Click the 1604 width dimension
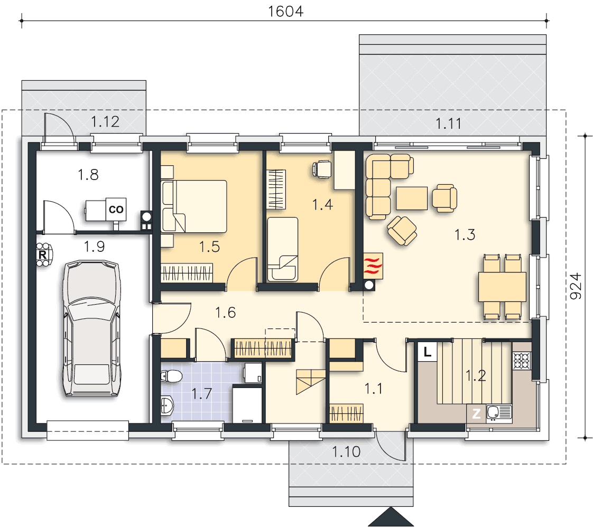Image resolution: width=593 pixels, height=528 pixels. (285, 11)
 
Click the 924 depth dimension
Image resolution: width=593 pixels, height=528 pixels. (576, 286)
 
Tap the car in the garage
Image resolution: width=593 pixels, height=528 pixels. (91, 328)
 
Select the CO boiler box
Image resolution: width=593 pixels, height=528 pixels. (116, 209)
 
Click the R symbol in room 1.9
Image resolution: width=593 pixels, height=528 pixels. (43, 254)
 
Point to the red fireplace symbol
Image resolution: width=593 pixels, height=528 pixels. (373, 266)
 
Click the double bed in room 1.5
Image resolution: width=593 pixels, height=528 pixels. (194, 206)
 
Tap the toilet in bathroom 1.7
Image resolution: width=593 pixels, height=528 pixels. (171, 376)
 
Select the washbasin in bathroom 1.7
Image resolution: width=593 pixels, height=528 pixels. (167, 406)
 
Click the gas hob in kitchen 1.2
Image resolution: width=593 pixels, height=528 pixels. (522, 360)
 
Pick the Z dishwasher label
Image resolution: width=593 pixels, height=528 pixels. (476, 413)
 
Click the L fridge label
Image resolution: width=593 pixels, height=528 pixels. (428, 352)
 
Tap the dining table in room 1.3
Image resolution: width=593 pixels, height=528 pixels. (502, 287)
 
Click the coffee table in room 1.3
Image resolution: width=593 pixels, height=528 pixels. (412, 198)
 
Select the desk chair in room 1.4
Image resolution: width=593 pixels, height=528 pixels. (322, 169)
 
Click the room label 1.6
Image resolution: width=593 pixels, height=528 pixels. (225, 313)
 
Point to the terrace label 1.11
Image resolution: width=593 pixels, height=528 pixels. (449, 124)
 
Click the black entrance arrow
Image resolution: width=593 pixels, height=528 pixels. (391, 517)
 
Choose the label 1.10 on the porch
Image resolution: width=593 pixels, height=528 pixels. (346, 452)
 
